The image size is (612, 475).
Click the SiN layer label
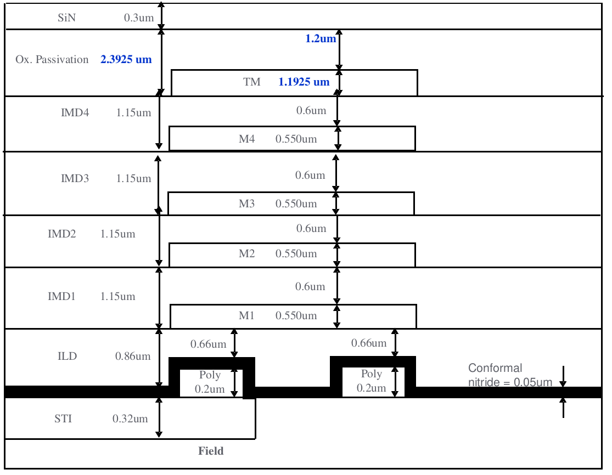point(67,18)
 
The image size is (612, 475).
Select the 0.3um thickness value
point(139,18)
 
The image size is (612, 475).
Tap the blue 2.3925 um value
point(126,59)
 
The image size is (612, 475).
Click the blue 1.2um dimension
point(321,38)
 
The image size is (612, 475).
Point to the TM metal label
point(252,82)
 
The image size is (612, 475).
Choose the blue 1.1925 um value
point(304,82)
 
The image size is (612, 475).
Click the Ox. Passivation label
point(52,59)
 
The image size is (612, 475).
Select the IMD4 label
point(75,112)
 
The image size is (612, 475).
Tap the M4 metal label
point(246,139)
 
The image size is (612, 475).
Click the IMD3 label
point(75,179)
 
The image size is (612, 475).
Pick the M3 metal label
point(246,203)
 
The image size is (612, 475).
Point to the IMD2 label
point(61,234)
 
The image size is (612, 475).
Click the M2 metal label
point(246,253)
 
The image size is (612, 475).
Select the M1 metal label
point(246,315)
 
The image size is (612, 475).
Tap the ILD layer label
point(67,356)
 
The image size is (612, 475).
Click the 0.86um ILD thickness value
point(133,356)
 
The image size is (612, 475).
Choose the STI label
point(63,419)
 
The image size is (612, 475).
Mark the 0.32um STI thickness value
point(130,419)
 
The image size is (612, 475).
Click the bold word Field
point(211,451)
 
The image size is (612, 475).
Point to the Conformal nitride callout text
point(510,375)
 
